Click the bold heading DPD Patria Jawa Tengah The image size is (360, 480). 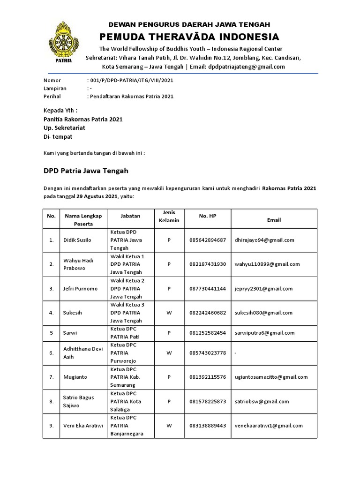click(x=86, y=171)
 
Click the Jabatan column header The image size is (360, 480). click(x=130, y=216)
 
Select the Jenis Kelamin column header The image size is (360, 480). click(x=169, y=216)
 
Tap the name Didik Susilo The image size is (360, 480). click(x=77, y=240)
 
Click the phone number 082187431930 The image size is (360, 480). click(x=208, y=264)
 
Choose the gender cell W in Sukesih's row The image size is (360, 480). click(x=169, y=313)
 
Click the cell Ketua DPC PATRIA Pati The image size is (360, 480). click(x=125, y=333)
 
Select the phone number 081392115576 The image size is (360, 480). click(x=208, y=377)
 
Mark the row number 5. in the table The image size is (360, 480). click(x=51, y=333)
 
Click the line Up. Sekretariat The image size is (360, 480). click(x=64, y=127)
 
